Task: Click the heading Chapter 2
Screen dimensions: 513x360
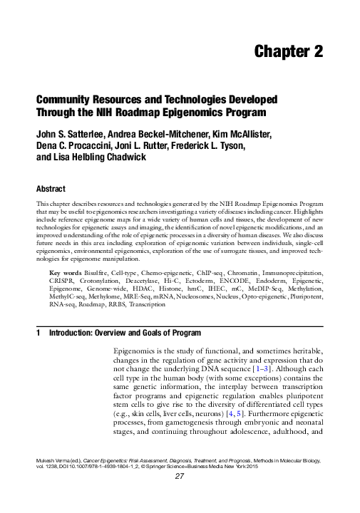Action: coord(288,51)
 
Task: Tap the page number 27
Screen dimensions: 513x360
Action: coord(180,497)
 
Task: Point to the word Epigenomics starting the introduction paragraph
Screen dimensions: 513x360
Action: coord(139,353)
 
